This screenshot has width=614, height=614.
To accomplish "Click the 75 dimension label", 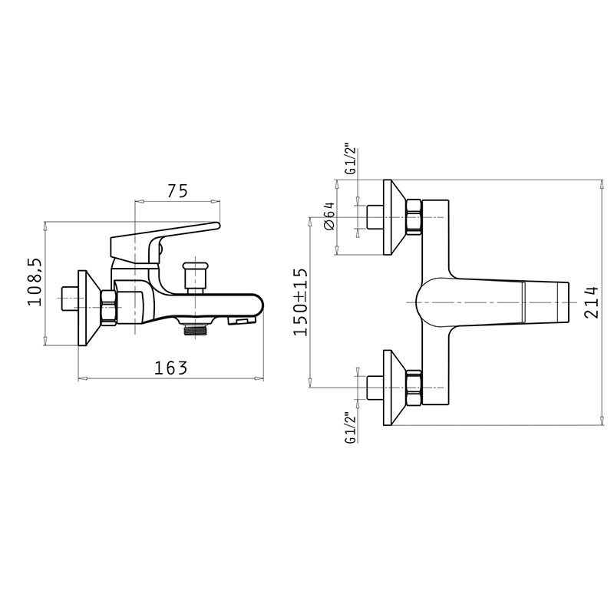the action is [178, 190].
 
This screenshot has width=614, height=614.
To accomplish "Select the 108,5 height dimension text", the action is [35, 282].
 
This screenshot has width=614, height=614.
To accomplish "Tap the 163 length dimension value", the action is [170, 368].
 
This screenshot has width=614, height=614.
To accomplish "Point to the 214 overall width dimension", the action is [591, 302].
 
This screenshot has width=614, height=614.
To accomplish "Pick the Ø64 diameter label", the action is [330, 216].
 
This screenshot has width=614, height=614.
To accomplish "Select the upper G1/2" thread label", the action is [352, 161].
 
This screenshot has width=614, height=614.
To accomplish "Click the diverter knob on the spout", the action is [194, 277].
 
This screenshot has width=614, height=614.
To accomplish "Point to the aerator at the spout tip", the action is [241, 322].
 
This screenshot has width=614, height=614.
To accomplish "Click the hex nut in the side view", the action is [108, 307].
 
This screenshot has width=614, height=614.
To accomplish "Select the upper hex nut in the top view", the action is [414, 217].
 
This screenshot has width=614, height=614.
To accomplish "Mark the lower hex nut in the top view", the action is [414, 388].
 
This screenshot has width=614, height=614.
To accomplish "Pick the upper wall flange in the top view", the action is [394, 217].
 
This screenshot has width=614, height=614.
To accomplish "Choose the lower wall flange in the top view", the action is [394, 388].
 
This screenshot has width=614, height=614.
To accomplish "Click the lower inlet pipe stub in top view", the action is [375, 388].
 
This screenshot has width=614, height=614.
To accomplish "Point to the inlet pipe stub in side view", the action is [71, 299].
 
